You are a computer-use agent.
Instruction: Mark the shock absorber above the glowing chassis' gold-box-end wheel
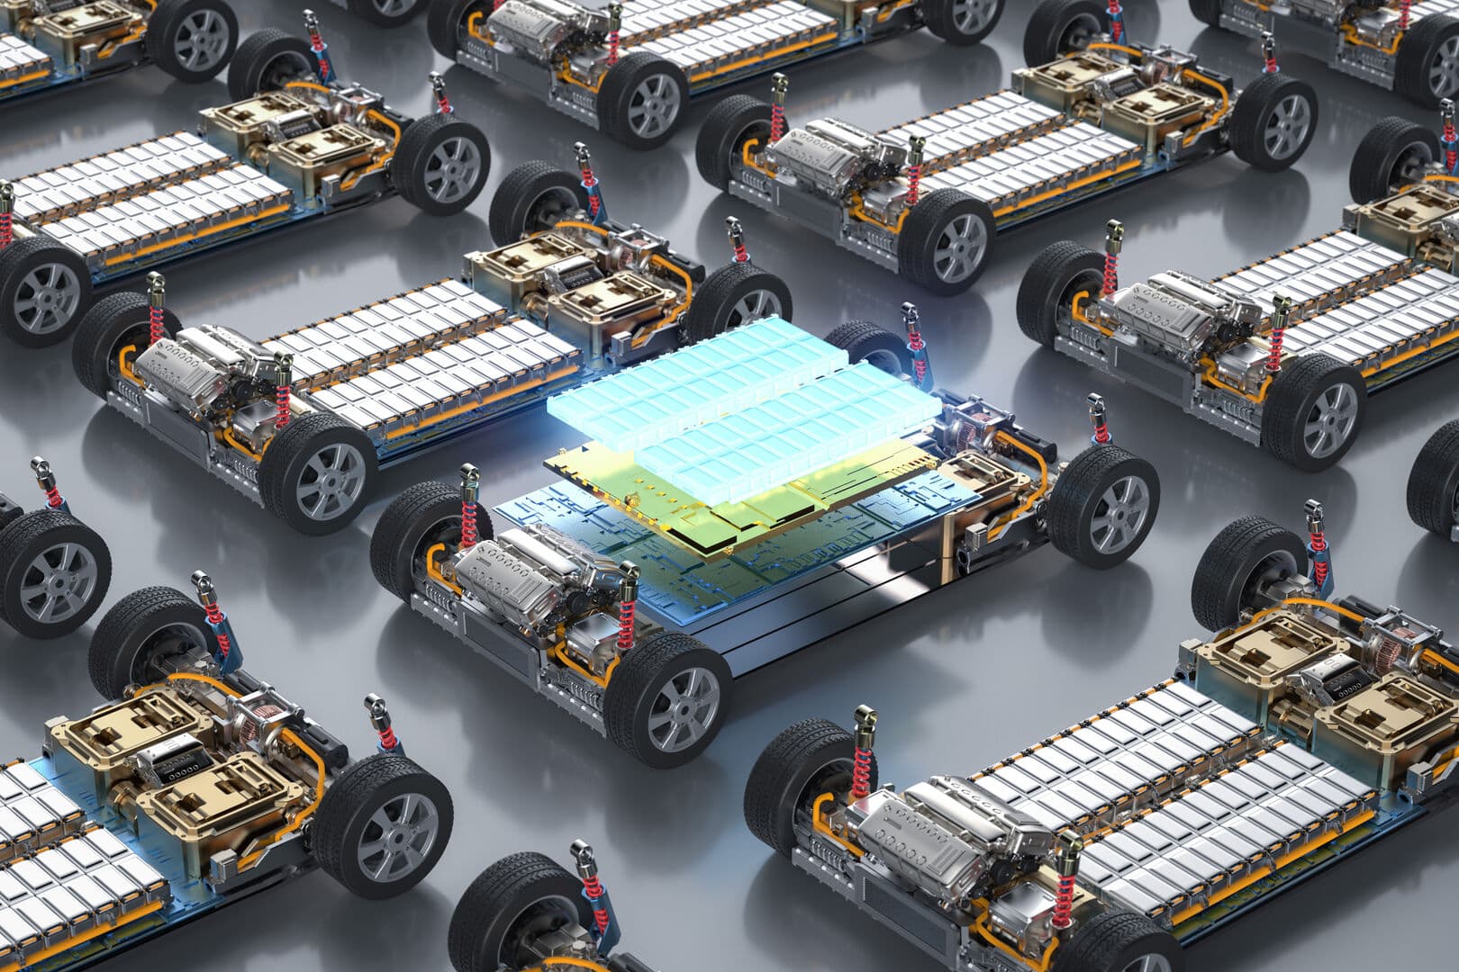(x=1098, y=423)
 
